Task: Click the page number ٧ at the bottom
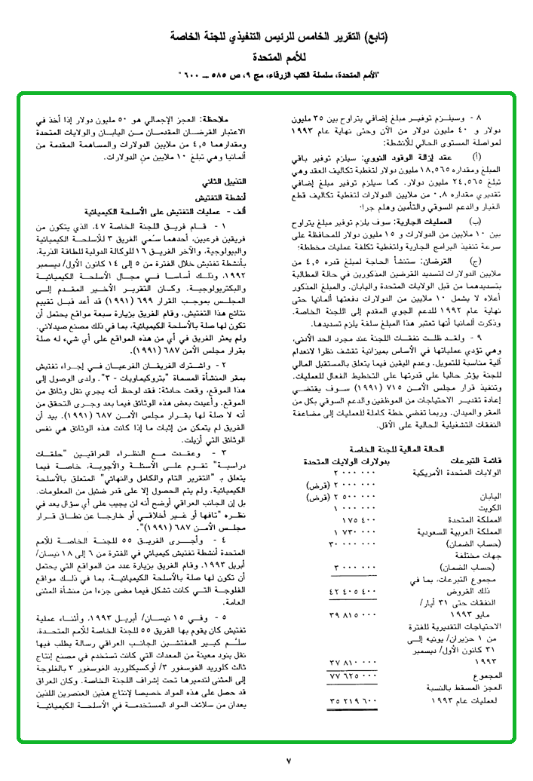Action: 289,761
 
